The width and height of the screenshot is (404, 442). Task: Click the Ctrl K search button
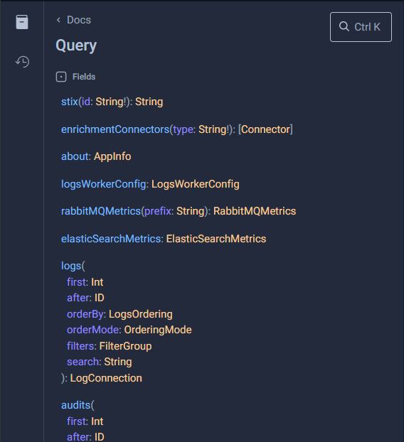coord(361,27)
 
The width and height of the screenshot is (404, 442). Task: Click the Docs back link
coord(74,20)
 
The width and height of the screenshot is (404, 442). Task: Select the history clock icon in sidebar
coord(22,62)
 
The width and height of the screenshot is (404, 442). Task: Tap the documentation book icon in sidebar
coord(22,22)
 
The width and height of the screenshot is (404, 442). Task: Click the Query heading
coord(76,45)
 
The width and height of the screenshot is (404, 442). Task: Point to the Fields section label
coord(84,77)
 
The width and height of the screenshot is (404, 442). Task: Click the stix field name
coord(70,102)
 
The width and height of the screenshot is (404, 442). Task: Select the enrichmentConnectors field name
coord(115,129)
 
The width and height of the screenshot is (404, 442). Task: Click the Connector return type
coord(265,129)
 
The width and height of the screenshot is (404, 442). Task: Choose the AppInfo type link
coord(112,156)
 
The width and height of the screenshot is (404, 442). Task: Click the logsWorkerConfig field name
coord(104,184)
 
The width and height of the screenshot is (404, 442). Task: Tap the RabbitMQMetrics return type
coord(255,211)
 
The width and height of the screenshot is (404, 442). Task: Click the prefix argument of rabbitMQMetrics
coord(158,211)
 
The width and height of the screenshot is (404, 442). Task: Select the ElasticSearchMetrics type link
coord(216,239)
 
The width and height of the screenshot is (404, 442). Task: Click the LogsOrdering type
coord(141,314)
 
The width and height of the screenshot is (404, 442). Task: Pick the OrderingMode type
coord(158,330)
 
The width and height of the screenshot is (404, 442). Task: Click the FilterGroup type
coord(126,346)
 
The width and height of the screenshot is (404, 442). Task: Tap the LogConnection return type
coord(106,378)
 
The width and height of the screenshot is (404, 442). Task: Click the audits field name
coord(75,405)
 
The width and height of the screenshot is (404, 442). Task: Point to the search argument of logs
coord(83,362)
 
